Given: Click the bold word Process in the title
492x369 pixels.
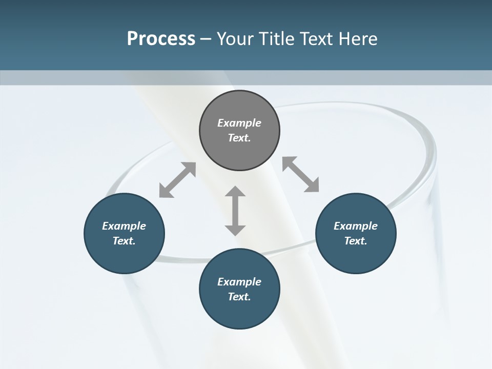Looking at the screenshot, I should click(x=161, y=39).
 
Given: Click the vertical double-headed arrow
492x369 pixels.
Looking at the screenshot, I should click(x=235, y=211).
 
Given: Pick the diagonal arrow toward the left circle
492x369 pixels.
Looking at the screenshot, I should click(x=177, y=180).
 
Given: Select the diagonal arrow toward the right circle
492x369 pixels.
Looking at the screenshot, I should click(x=301, y=174).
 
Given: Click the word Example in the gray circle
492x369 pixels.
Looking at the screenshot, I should click(x=239, y=123).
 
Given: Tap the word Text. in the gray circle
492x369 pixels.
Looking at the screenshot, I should click(x=239, y=138).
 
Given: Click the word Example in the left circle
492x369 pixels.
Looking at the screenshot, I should click(x=124, y=226).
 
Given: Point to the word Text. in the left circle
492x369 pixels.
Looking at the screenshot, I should click(x=124, y=241).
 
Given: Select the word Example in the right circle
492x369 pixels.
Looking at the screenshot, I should click(x=356, y=226).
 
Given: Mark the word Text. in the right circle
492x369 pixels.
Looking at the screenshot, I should click(x=356, y=241).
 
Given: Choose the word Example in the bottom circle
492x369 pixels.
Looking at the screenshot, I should click(x=239, y=282).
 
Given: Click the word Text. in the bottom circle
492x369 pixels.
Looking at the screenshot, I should click(x=239, y=297).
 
